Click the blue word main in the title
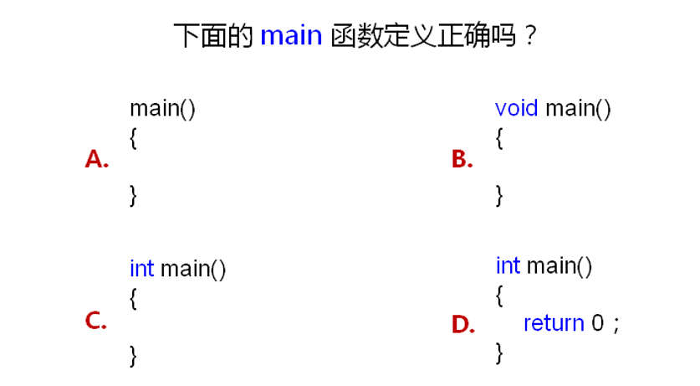pyautogui.click(x=291, y=36)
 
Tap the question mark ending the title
pyautogui.click(x=528, y=37)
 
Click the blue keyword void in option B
pyautogui.click(x=516, y=109)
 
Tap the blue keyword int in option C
pyautogui.click(x=141, y=269)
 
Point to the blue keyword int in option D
pyautogui.click(x=508, y=266)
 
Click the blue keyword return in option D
pyautogui.click(x=554, y=323)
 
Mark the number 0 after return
pyautogui.click(x=597, y=323)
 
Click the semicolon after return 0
pyautogui.click(x=616, y=325)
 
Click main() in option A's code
pyautogui.click(x=162, y=109)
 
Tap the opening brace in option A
pyautogui.click(x=133, y=138)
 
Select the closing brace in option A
pyautogui.click(x=133, y=195)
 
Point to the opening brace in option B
pyautogui.click(x=499, y=138)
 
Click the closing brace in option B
pyautogui.click(x=499, y=195)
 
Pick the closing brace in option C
pyautogui.click(x=133, y=355)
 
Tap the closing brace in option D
pyautogui.click(x=499, y=353)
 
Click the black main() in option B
pyautogui.click(x=578, y=109)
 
